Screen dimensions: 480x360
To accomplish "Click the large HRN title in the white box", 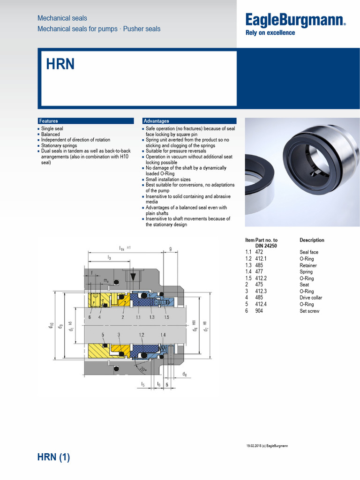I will point(60,64).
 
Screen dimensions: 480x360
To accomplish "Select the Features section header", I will point(48,121).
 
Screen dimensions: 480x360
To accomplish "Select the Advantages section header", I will point(156,121).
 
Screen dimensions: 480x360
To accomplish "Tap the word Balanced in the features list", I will point(51,134).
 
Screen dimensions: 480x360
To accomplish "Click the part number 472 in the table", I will point(259,252).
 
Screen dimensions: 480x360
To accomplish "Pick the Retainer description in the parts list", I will point(308,265).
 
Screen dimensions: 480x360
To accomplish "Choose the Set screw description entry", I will point(309,311).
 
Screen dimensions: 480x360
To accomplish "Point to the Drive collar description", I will point(311,298).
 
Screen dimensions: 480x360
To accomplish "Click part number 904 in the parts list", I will point(259,311).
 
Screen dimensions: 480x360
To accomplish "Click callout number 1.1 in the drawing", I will point(138,317).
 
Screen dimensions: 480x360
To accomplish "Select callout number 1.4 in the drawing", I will point(163,335).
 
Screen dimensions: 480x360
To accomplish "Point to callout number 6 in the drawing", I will point(89,317).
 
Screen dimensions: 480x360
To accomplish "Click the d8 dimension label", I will point(184,374).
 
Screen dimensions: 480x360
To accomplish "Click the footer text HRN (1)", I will point(53,457).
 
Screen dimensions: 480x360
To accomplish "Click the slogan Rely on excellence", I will point(270,33).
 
